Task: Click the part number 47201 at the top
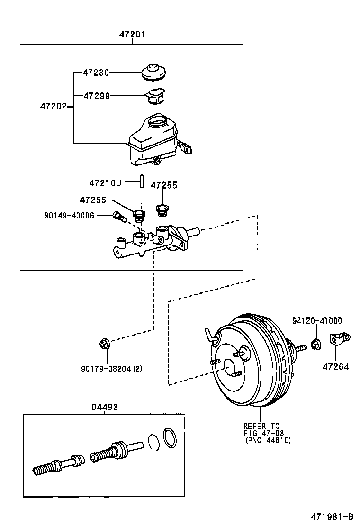132,34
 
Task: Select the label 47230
96,73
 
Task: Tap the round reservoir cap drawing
154,72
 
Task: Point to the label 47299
96,96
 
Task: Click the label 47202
53,107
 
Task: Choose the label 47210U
105,183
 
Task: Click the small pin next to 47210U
142,181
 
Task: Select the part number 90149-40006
69,215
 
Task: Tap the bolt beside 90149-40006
119,216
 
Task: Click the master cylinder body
156,242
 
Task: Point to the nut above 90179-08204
104,344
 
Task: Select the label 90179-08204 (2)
111,369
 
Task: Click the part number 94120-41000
317,321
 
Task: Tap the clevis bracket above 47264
340,339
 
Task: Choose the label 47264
336,367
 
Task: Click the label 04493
105,407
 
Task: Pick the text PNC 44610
268,440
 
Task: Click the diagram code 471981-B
332,517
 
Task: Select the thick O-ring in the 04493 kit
170,437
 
